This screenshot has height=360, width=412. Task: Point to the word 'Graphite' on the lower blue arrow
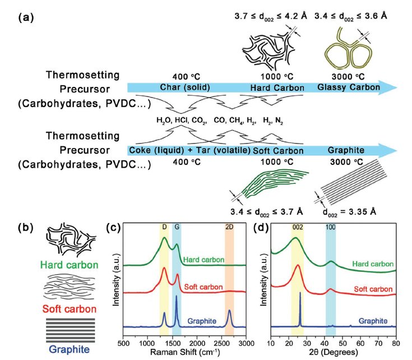click(344, 150)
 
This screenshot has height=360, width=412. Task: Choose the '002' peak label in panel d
click(298, 228)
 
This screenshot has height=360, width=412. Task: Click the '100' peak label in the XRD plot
click(331, 228)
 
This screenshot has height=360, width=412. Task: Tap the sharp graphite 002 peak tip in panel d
click(300, 293)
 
